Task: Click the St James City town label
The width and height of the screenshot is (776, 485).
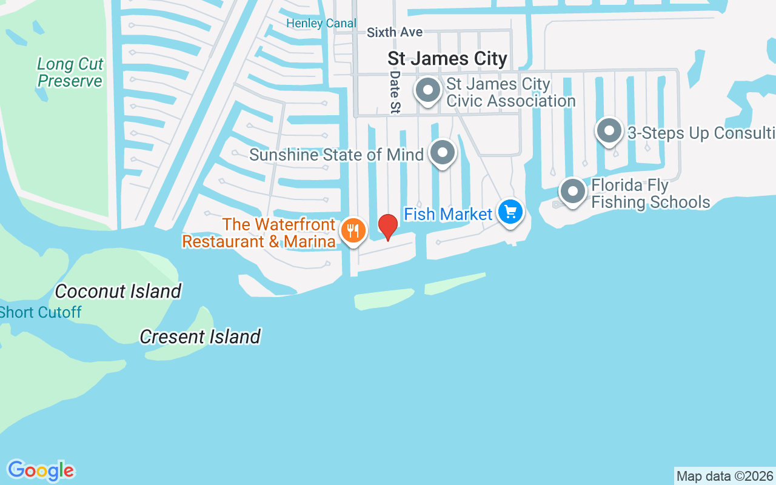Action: [x=447, y=59]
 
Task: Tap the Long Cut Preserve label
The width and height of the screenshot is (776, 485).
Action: [x=70, y=72]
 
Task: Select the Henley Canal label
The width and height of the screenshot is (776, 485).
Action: [x=321, y=23]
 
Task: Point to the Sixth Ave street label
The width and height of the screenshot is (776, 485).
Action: [x=395, y=32]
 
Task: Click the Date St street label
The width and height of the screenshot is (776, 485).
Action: [x=395, y=92]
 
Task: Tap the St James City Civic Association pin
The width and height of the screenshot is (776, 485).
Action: [x=428, y=90]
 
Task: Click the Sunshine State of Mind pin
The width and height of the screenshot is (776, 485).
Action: [x=443, y=153]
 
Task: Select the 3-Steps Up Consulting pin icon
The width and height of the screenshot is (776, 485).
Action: [x=609, y=131]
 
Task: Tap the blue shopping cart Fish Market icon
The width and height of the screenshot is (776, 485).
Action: [x=510, y=212]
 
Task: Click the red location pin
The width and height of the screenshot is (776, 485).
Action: [x=387, y=227]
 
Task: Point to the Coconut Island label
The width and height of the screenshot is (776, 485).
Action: [x=118, y=291]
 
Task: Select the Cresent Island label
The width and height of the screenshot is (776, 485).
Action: [x=200, y=336]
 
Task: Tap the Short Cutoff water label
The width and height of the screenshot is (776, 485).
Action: [x=41, y=312]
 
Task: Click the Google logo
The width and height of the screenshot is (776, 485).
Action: [x=41, y=470]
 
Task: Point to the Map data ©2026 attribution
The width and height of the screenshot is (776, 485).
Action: [x=724, y=476]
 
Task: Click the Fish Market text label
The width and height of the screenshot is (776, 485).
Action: [x=448, y=214]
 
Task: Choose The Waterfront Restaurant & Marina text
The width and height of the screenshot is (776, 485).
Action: [x=259, y=233]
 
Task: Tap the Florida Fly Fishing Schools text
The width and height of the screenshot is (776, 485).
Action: [x=650, y=193]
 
